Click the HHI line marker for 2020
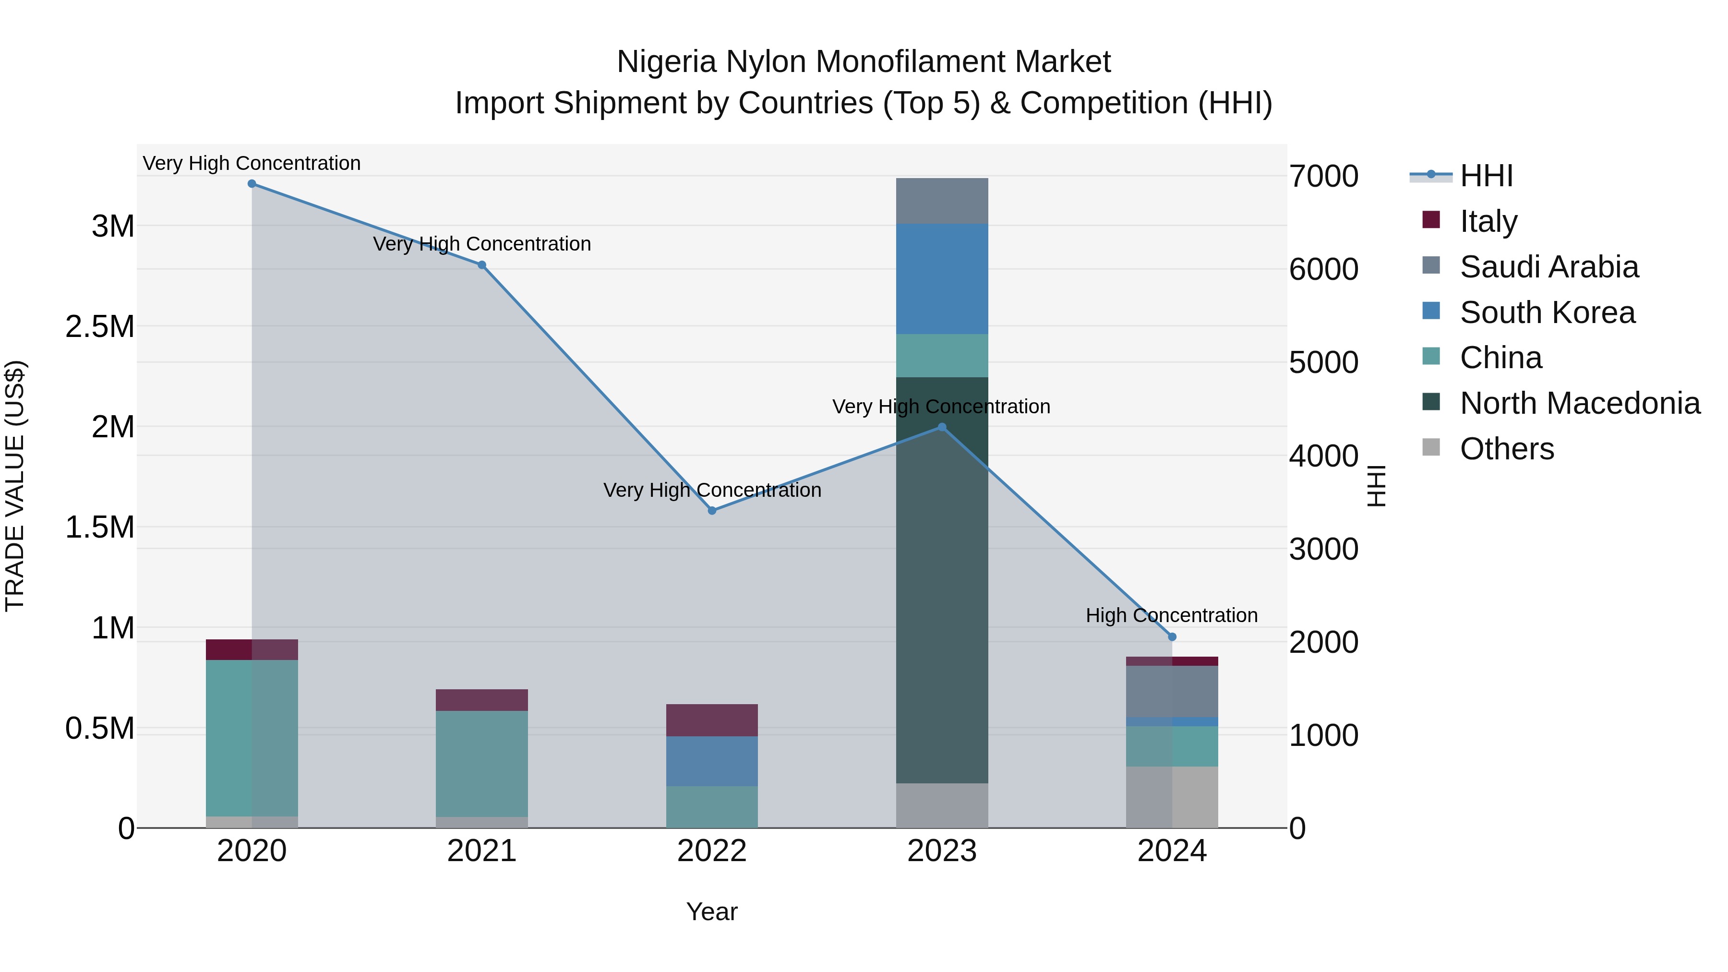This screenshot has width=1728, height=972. [252, 184]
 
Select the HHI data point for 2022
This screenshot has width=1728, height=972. [712, 511]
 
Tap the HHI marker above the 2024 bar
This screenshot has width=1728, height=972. [1172, 636]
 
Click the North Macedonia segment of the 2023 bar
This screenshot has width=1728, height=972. [942, 580]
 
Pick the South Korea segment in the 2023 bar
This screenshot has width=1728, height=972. [942, 278]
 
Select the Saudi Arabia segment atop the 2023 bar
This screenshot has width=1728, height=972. [942, 201]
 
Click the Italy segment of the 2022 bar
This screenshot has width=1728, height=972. [712, 720]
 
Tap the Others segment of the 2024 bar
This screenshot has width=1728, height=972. [1172, 797]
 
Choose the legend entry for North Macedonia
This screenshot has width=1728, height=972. [1580, 403]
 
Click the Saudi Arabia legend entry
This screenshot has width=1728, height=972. [1549, 267]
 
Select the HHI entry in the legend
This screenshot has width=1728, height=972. [1486, 176]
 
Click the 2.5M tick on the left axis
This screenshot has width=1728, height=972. [100, 327]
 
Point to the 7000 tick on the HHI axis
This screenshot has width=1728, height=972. [1323, 177]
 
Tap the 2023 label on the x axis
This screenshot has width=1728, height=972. [942, 851]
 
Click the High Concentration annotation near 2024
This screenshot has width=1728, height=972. [1171, 615]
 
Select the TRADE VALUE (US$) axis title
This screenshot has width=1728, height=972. [15, 486]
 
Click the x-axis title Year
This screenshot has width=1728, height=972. [712, 912]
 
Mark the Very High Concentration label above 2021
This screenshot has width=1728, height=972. [481, 243]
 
